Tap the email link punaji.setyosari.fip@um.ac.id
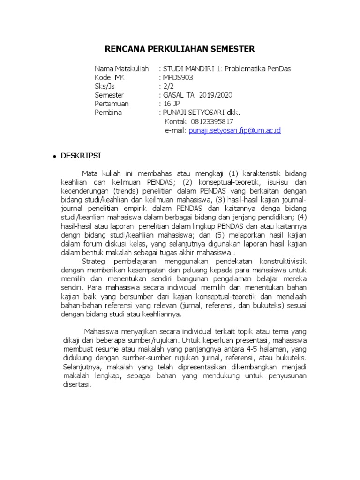(x=234, y=130)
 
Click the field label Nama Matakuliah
(x=121, y=68)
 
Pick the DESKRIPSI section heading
(x=80, y=155)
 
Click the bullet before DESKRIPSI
(x=55, y=156)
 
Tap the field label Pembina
(x=108, y=112)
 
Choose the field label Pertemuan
(x=112, y=104)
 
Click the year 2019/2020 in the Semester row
(x=215, y=95)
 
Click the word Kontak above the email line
(x=176, y=121)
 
